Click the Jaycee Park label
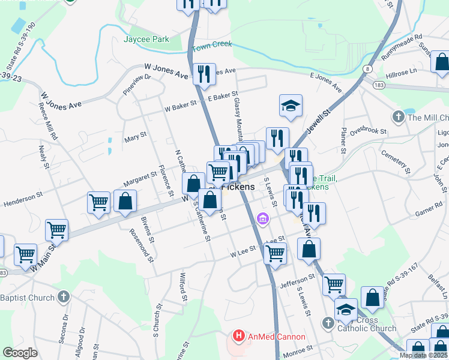click(x=146, y=40)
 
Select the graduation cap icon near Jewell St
click(x=290, y=106)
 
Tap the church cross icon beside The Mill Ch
click(x=398, y=116)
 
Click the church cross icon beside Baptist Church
click(x=64, y=297)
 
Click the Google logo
click(x=20, y=352)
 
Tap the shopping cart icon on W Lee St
click(x=275, y=253)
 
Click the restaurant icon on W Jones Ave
click(x=203, y=74)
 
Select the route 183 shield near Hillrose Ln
click(x=378, y=86)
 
